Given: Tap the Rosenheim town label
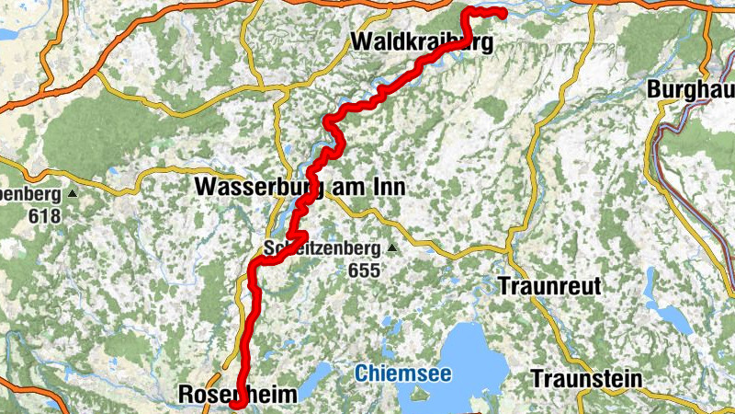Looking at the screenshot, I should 237,395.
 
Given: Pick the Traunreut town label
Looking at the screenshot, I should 549,286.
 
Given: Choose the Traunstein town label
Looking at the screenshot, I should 580,378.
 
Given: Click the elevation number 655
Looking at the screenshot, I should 364,270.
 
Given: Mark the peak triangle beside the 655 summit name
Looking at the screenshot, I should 393,248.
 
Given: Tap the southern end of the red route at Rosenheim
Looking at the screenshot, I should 233,403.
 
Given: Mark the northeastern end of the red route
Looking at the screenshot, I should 503,12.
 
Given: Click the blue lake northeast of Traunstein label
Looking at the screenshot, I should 675,317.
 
